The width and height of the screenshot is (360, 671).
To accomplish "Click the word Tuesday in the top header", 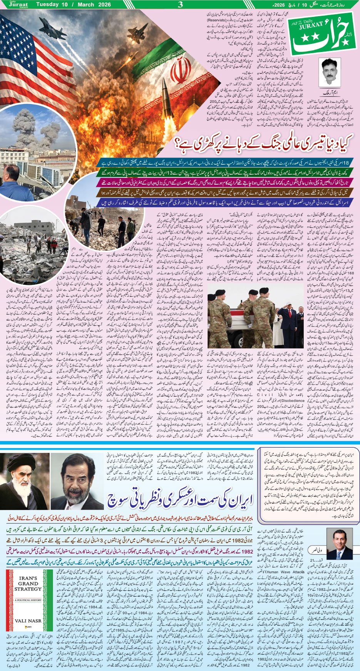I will pyautogui.click(x=49, y=4).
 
